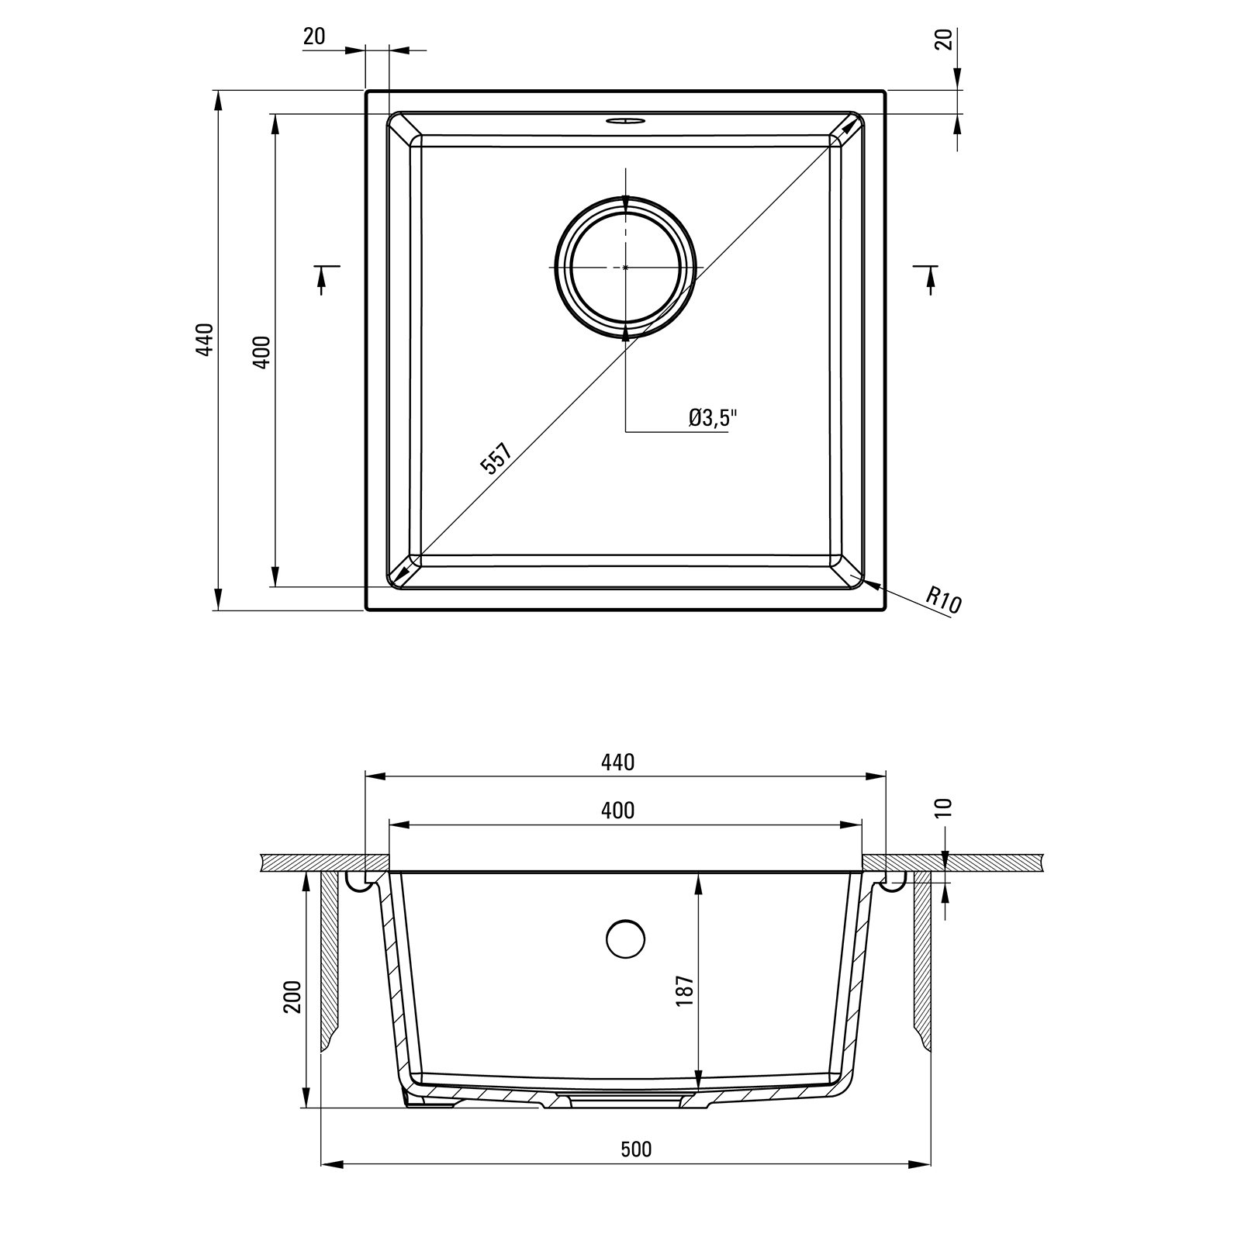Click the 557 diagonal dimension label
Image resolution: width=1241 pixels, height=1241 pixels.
pos(496,458)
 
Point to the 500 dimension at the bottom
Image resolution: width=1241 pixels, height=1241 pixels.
pos(636,1149)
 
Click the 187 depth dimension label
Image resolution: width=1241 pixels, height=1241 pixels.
pos(683,990)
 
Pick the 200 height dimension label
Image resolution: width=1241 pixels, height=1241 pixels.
pos(292,996)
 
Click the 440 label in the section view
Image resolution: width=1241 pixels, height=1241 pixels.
pos(618,762)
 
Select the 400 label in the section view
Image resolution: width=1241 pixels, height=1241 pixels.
pos(618,811)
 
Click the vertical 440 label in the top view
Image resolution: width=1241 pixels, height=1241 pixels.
pos(204,339)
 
